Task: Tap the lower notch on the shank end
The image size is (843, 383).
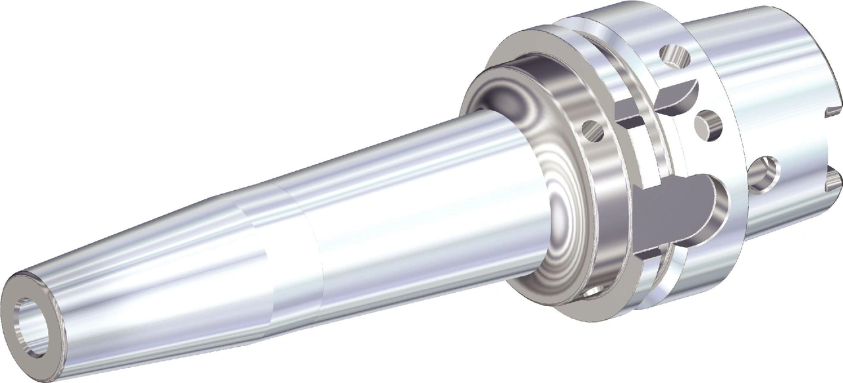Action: (x=835, y=176)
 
